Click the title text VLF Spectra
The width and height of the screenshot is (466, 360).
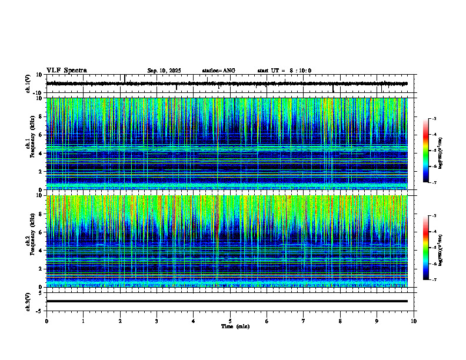click(x=66, y=71)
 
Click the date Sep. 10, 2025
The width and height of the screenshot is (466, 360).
click(x=164, y=71)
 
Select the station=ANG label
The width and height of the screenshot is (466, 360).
click(x=218, y=71)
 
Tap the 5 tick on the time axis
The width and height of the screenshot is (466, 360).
click(x=230, y=321)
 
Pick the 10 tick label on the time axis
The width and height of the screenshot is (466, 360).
click(x=414, y=321)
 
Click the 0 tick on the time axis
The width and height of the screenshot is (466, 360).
click(x=46, y=321)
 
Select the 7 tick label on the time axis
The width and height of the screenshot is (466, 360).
click(x=304, y=321)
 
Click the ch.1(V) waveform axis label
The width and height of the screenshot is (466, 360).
click(x=28, y=84)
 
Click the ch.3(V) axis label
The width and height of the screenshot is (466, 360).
click(x=28, y=301)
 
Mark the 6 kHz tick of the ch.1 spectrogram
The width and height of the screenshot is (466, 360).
click(x=42, y=135)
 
